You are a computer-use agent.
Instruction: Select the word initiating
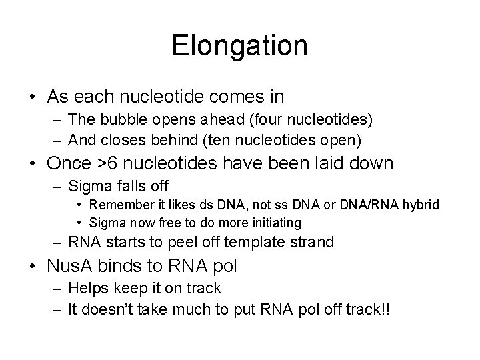276,221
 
